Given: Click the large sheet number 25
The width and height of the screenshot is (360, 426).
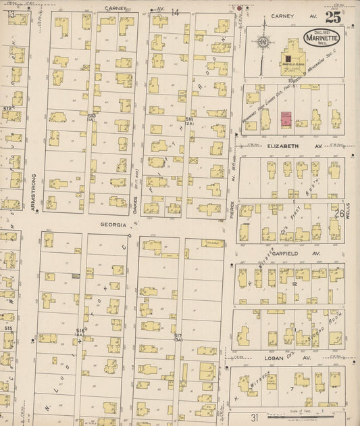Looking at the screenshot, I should point(332,17).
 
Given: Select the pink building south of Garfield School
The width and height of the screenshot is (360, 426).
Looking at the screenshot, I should point(284,120).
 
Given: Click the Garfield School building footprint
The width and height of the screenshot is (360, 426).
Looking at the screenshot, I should point(292,57).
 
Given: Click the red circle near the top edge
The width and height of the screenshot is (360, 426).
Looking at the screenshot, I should point(239,8).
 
